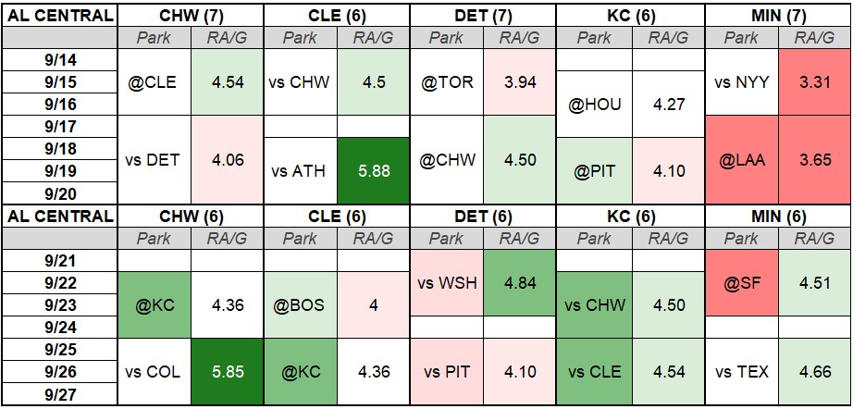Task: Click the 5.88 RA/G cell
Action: [x=373, y=171]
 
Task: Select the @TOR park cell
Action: [x=446, y=81]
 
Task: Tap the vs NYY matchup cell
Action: [x=741, y=81]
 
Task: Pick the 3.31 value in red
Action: [x=814, y=81]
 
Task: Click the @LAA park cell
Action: [x=741, y=160]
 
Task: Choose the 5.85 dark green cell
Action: [x=227, y=371]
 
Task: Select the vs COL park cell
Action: [x=154, y=371]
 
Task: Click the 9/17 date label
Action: [x=60, y=126]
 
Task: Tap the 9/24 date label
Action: [x=60, y=328]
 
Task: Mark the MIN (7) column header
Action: [x=778, y=16]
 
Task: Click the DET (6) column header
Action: [x=483, y=217]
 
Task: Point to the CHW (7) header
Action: [x=191, y=16]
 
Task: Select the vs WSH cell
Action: [x=446, y=283]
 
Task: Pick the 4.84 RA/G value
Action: [x=519, y=283]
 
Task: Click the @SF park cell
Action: [x=741, y=283]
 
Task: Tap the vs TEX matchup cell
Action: [x=741, y=371]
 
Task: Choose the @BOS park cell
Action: [x=300, y=305]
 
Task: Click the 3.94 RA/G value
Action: [x=519, y=81]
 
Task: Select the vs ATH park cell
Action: [x=300, y=171]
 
